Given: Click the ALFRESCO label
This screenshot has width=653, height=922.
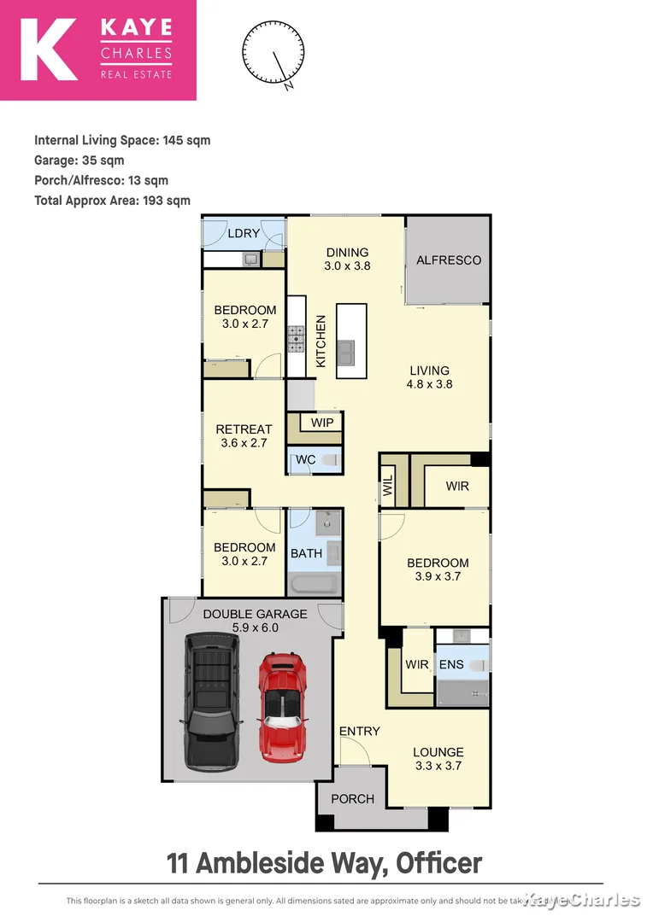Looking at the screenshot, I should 449,260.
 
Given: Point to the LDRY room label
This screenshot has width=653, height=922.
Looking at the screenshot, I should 243,233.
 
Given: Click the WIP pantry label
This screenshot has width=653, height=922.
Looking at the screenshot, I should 322,423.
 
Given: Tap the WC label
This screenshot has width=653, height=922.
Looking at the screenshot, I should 305,460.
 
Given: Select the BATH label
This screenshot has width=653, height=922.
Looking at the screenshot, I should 306,553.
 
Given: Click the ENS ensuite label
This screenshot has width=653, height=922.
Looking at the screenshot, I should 450,664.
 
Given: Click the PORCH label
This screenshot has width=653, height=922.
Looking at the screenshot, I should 352,799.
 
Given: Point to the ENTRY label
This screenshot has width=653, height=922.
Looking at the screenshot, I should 359,731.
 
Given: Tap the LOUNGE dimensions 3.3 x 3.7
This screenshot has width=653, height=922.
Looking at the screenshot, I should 438,767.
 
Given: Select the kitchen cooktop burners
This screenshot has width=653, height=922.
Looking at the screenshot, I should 297,339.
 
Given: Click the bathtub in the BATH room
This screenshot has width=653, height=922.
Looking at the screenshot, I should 315,585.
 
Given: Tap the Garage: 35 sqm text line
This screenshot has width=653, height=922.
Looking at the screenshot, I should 79,160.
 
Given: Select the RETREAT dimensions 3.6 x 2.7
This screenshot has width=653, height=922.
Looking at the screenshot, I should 244,443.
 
